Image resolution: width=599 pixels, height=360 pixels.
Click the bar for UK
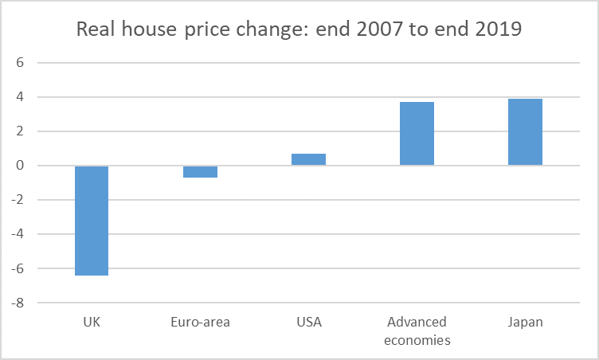pyautogui.click(x=92, y=221)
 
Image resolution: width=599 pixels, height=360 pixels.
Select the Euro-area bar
pyautogui.click(x=200, y=171)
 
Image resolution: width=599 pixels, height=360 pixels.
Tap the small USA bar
pyautogui.click(x=308, y=159)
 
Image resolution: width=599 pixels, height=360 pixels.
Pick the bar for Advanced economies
pyautogui.click(x=417, y=134)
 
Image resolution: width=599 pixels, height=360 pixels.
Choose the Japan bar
pyautogui.click(x=525, y=132)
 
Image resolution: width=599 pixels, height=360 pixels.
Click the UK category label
pyautogui.click(x=92, y=323)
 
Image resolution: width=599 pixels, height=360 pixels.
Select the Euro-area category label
pyautogui.click(x=200, y=323)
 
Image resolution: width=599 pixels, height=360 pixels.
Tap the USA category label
pyautogui.click(x=308, y=323)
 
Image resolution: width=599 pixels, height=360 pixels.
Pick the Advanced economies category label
pyautogui.click(x=417, y=331)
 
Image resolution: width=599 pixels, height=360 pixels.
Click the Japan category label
pyautogui.click(x=525, y=323)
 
